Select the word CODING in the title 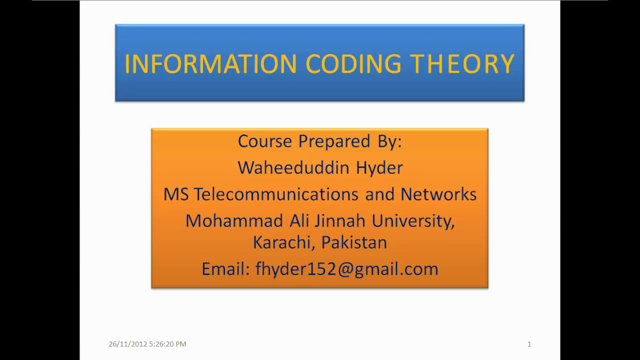pyautogui.click(x=353, y=64)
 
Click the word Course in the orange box pyautogui.click(x=264, y=141)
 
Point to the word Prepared pyautogui.click(x=334, y=141)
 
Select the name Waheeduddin pyautogui.click(x=293, y=167)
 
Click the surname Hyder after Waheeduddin pyautogui.click(x=379, y=167)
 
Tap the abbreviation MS pyautogui.click(x=176, y=194)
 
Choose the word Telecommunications pyautogui.click(x=276, y=194)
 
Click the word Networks pyautogui.click(x=438, y=194)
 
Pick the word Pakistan pyautogui.click(x=353, y=242)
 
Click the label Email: pyautogui.click(x=225, y=269)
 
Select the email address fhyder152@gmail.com pyautogui.click(x=346, y=269)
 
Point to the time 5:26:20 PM pyautogui.click(x=167, y=344)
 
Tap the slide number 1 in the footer pyautogui.click(x=529, y=344)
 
